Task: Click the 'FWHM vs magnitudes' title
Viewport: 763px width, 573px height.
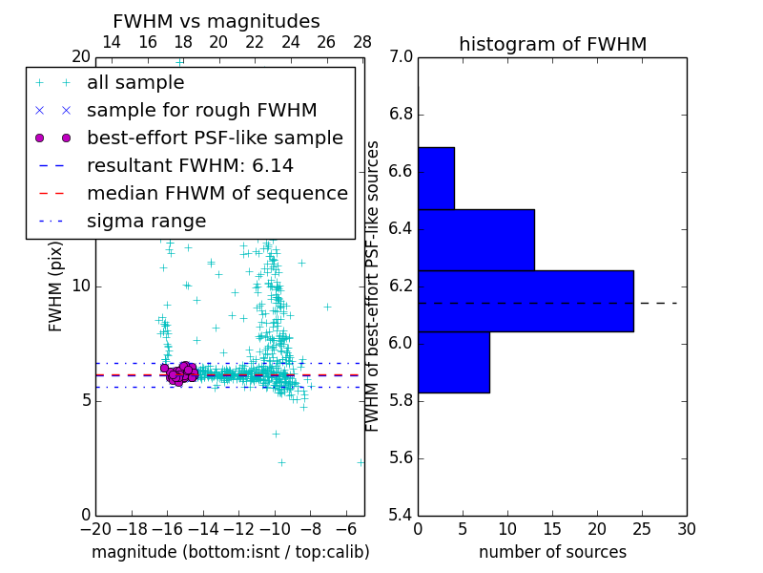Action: click(x=217, y=21)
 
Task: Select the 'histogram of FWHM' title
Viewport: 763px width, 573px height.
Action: click(x=552, y=44)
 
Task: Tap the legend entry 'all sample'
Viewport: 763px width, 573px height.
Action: click(x=135, y=83)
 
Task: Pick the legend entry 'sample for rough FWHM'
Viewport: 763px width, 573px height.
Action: click(x=201, y=110)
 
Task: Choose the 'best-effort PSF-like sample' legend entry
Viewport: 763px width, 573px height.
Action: click(x=215, y=138)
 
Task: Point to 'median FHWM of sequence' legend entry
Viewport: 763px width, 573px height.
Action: click(x=217, y=193)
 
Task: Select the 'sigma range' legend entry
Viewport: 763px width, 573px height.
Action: click(x=146, y=221)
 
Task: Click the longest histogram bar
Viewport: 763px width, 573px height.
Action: click(x=526, y=301)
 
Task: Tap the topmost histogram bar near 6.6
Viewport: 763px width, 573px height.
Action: click(x=436, y=178)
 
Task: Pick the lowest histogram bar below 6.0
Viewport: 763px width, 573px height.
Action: click(x=453, y=362)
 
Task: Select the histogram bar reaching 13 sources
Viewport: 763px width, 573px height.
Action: click(x=476, y=240)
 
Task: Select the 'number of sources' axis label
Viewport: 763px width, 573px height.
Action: click(x=552, y=552)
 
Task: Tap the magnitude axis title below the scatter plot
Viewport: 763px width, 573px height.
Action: click(x=230, y=552)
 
